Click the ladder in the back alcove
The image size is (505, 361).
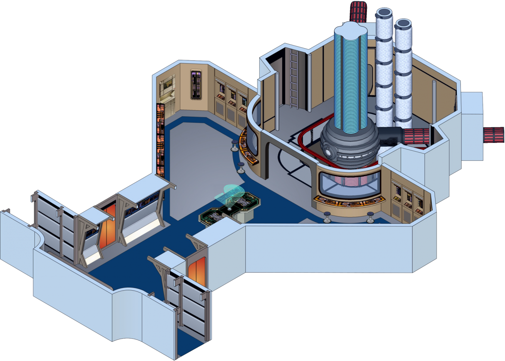[x=294, y=79]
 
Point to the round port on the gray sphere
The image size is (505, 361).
[x=328, y=153]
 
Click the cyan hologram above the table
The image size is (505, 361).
[x=233, y=194]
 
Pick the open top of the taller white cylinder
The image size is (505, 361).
[x=383, y=14]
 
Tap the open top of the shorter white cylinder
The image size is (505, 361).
[x=403, y=24]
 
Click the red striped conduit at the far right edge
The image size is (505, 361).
[x=494, y=135]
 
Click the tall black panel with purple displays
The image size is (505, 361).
[x=196, y=85]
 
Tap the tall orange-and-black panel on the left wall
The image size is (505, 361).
[x=160, y=140]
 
